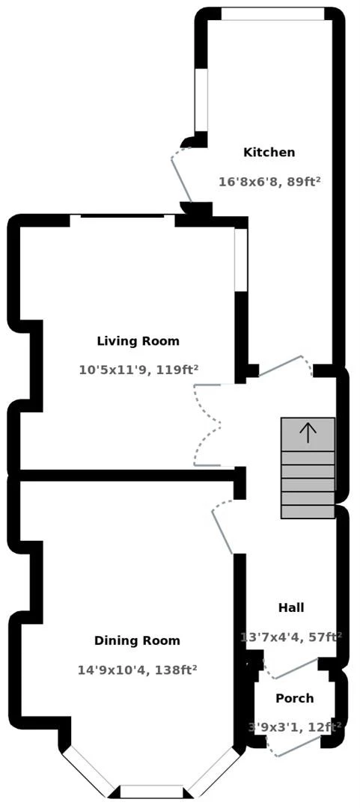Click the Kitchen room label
click(269, 153)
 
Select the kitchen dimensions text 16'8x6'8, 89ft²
click(269, 182)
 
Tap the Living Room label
click(138, 341)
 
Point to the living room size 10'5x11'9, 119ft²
click(138, 370)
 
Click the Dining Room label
click(137, 640)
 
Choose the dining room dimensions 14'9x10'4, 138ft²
click(137, 670)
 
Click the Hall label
click(291, 607)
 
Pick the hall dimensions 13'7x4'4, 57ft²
click(291, 637)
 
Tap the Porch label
click(294, 699)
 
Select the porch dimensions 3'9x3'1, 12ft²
click(294, 726)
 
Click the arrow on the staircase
click(308, 432)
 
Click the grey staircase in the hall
click(308, 479)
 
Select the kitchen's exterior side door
click(182, 174)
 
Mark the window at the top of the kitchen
click(272, 14)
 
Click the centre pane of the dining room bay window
click(152, 792)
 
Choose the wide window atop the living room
click(123, 218)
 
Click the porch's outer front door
click(299, 746)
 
